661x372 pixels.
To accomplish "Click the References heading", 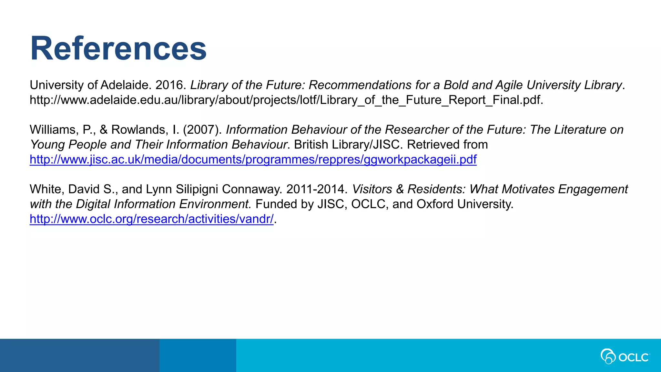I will (x=118, y=48).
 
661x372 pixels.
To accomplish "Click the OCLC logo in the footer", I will (x=625, y=356).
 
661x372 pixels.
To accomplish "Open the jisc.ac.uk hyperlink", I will (x=253, y=160).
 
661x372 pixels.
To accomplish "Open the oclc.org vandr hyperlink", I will (x=151, y=219).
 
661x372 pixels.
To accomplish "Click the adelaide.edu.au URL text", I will (x=286, y=100).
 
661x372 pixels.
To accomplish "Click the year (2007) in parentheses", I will (x=202, y=130).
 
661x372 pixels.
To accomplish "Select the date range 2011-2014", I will (x=316, y=189).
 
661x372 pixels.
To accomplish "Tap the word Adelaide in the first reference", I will (x=124, y=85).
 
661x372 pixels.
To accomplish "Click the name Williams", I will (x=53, y=130).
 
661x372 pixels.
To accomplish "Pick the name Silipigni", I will (x=197, y=189).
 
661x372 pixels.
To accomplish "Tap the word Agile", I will (x=509, y=85).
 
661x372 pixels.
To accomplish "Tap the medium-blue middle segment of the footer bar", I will (x=198, y=355).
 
